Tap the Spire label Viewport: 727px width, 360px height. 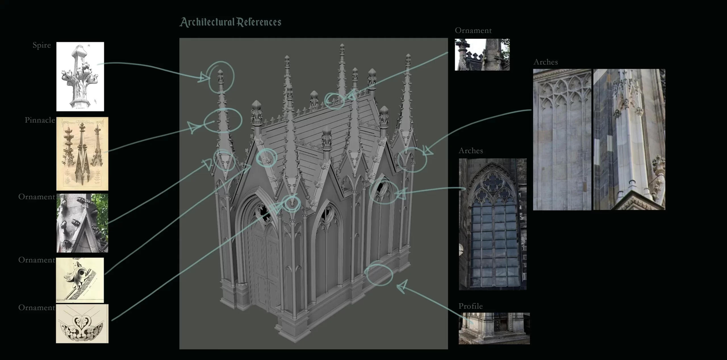click(42, 45)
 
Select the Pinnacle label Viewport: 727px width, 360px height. click(40, 120)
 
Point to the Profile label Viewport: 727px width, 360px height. click(471, 306)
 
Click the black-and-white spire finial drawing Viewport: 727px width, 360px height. click(80, 76)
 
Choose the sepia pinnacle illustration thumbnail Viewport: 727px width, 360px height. click(82, 154)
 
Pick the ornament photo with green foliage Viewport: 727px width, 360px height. click(82, 223)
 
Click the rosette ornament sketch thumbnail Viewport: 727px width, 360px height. click(80, 280)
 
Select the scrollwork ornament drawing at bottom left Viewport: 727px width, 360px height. click(82, 323)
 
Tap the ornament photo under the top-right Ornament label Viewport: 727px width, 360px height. click(482, 55)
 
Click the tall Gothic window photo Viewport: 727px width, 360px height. click(493, 224)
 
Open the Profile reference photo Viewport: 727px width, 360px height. click(494, 328)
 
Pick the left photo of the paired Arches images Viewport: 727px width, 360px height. click(562, 140)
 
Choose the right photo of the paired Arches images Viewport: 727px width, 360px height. click(629, 140)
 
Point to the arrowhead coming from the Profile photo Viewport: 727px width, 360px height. click(403, 286)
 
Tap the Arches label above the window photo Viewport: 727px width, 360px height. click(471, 151)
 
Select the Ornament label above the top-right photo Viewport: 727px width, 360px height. click(473, 30)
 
